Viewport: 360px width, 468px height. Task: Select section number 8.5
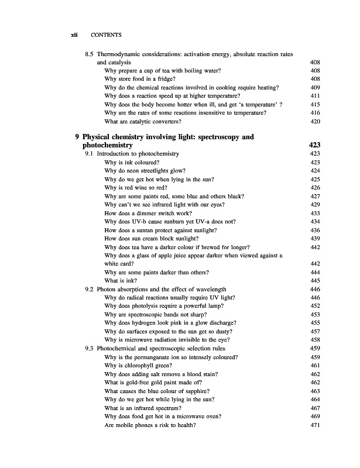(90, 54)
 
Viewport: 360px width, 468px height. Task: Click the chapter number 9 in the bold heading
(78, 137)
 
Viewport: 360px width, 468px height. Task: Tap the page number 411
(314, 95)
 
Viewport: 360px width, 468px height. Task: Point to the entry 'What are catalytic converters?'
(142, 121)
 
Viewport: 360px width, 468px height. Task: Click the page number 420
(314, 121)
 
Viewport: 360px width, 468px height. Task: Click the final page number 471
(314, 424)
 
